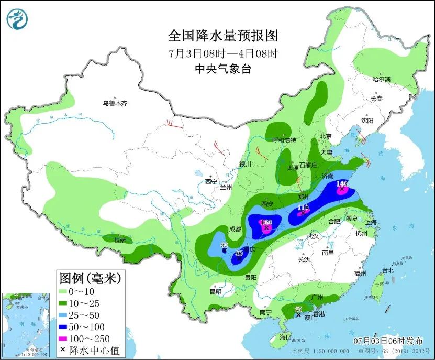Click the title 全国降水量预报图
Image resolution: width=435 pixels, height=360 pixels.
[x=222, y=36]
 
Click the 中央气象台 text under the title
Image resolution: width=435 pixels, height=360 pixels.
[x=222, y=69]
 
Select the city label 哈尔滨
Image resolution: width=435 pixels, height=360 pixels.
[x=381, y=79]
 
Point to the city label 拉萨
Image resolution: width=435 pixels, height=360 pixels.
[x=120, y=241]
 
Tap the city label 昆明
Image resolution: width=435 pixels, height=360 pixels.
[x=215, y=291]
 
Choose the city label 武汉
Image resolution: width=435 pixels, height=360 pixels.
[x=313, y=236]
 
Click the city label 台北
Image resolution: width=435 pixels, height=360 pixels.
[x=387, y=270]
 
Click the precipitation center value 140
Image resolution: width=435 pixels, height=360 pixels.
[x=342, y=183]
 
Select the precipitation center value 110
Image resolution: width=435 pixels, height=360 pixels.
[x=303, y=208]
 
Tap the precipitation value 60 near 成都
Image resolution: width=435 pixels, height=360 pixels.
[x=224, y=245]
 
